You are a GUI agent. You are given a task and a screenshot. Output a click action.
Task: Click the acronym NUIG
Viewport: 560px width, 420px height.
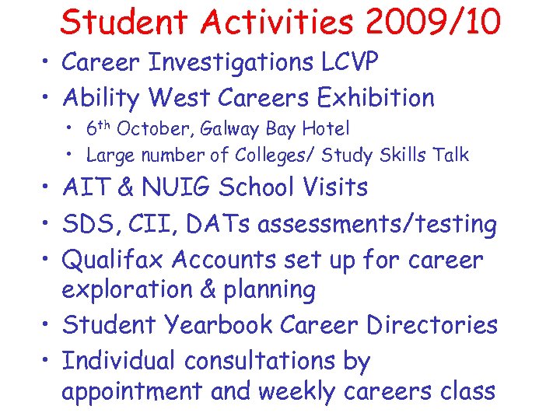[177, 187]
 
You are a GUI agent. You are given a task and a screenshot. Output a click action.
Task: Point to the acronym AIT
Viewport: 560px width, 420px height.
[83, 187]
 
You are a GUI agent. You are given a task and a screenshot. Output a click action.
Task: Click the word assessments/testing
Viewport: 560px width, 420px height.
[377, 225]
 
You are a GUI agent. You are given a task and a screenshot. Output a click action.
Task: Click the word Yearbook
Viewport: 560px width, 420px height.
[222, 325]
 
